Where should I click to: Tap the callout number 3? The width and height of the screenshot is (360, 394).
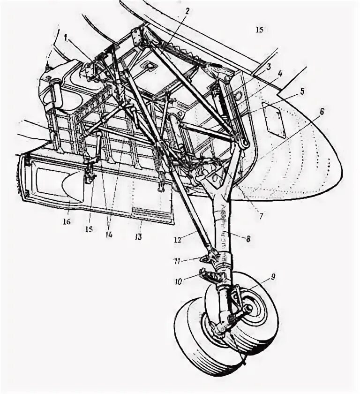point(268,67)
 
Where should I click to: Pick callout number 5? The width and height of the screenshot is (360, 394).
point(302,91)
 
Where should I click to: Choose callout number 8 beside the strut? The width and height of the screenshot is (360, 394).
point(247,238)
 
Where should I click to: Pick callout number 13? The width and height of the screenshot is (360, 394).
point(138,237)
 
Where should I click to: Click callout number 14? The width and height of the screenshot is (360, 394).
point(109,234)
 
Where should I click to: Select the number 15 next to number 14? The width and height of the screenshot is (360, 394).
point(89,230)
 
